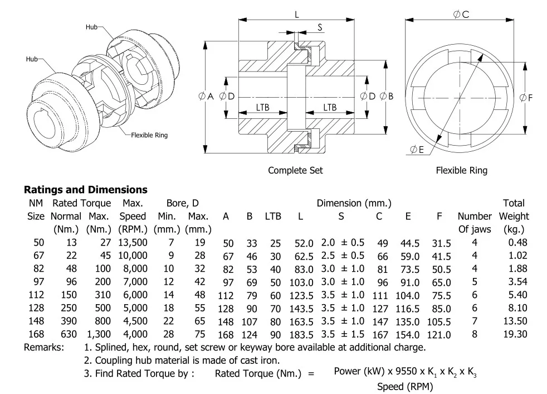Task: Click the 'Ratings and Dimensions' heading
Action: (x=85, y=190)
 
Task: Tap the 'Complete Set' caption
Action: (x=295, y=170)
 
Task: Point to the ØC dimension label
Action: (x=461, y=15)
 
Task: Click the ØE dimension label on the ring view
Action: (x=417, y=149)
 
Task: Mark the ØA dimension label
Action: (x=206, y=97)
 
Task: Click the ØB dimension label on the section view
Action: (x=387, y=97)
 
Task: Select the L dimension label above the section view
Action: (x=297, y=15)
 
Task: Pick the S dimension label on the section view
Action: (x=320, y=27)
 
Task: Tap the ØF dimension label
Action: (x=526, y=98)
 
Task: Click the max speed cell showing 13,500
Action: (x=133, y=242)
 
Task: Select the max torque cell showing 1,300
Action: (x=99, y=334)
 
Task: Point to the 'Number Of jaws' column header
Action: (x=475, y=222)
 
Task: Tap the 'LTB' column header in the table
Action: (x=273, y=216)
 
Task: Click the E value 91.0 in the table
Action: (x=409, y=282)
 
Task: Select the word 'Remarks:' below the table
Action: (x=43, y=347)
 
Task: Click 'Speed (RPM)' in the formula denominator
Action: (x=404, y=387)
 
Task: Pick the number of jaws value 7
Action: (x=475, y=321)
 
